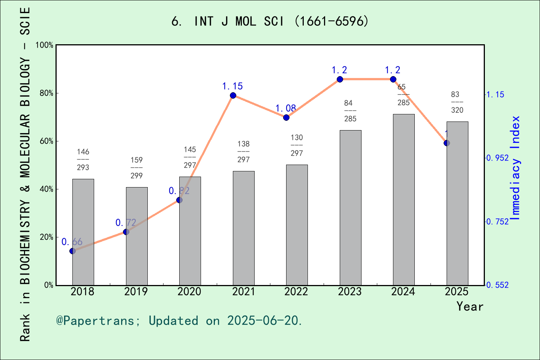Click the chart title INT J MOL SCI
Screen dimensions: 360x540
click(x=270, y=21)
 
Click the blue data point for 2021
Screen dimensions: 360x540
click(x=233, y=95)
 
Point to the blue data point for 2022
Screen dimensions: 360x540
click(x=286, y=117)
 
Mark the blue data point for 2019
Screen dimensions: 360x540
click(x=126, y=232)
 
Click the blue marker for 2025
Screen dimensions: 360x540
click(x=447, y=143)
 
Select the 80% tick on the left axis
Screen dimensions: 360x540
click(x=46, y=93)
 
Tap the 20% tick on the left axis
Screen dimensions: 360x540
click(x=46, y=237)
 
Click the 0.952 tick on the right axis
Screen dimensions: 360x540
click(x=497, y=158)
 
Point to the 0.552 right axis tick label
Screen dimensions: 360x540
click(x=497, y=285)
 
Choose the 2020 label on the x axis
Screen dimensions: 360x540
click(x=189, y=291)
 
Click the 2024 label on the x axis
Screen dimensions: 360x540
click(x=403, y=291)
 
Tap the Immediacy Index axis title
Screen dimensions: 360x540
click(x=516, y=168)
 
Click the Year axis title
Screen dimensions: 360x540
click(x=469, y=306)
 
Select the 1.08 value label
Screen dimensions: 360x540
click(x=286, y=108)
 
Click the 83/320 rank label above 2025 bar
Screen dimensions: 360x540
click(x=457, y=102)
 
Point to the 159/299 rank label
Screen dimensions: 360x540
click(x=136, y=168)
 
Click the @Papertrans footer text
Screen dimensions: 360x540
click(x=179, y=321)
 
